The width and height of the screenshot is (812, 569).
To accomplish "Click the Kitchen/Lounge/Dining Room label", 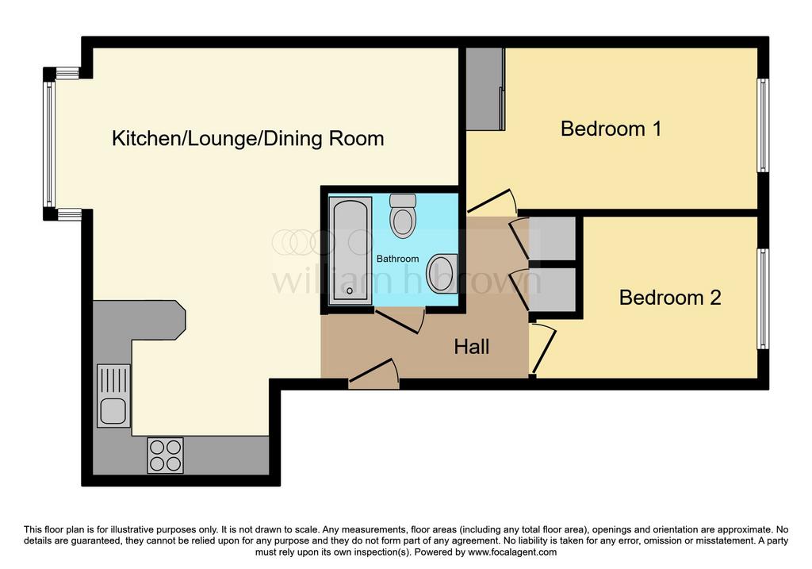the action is click(248, 138).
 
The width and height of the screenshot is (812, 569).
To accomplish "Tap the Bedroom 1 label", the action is click(611, 129).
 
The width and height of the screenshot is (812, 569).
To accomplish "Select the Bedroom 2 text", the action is click(670, 298).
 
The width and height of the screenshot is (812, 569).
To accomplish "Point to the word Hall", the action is click(472, 347).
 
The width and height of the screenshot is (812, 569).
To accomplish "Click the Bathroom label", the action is click(398, 259).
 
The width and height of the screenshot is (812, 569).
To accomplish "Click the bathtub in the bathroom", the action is click(350, 250).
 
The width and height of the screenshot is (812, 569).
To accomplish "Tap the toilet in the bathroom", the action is click(403, 216).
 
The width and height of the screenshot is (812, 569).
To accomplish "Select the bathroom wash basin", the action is click(442, 274).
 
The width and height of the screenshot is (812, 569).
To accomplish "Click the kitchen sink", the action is click(113, 396).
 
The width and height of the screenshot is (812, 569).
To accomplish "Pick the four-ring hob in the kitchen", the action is click(165, 456).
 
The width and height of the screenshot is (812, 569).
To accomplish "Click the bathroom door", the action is click(400, 321).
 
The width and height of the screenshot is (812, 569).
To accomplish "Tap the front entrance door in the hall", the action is click(374, 374).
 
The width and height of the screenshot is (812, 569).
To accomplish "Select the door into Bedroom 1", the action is click(492, 202).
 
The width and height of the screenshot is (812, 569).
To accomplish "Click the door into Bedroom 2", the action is click(542, 349).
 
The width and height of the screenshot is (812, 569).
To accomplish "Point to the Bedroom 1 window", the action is click(763, 125).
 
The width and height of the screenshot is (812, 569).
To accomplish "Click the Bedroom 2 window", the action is click(763, 299).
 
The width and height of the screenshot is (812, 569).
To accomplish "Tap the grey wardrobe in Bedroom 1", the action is click(485, 89).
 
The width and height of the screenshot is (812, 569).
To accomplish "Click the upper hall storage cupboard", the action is click(552, 238).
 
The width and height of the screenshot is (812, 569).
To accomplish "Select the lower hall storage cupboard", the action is click(552, 290).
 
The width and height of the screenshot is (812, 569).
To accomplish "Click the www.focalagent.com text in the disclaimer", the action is click(512, 552).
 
